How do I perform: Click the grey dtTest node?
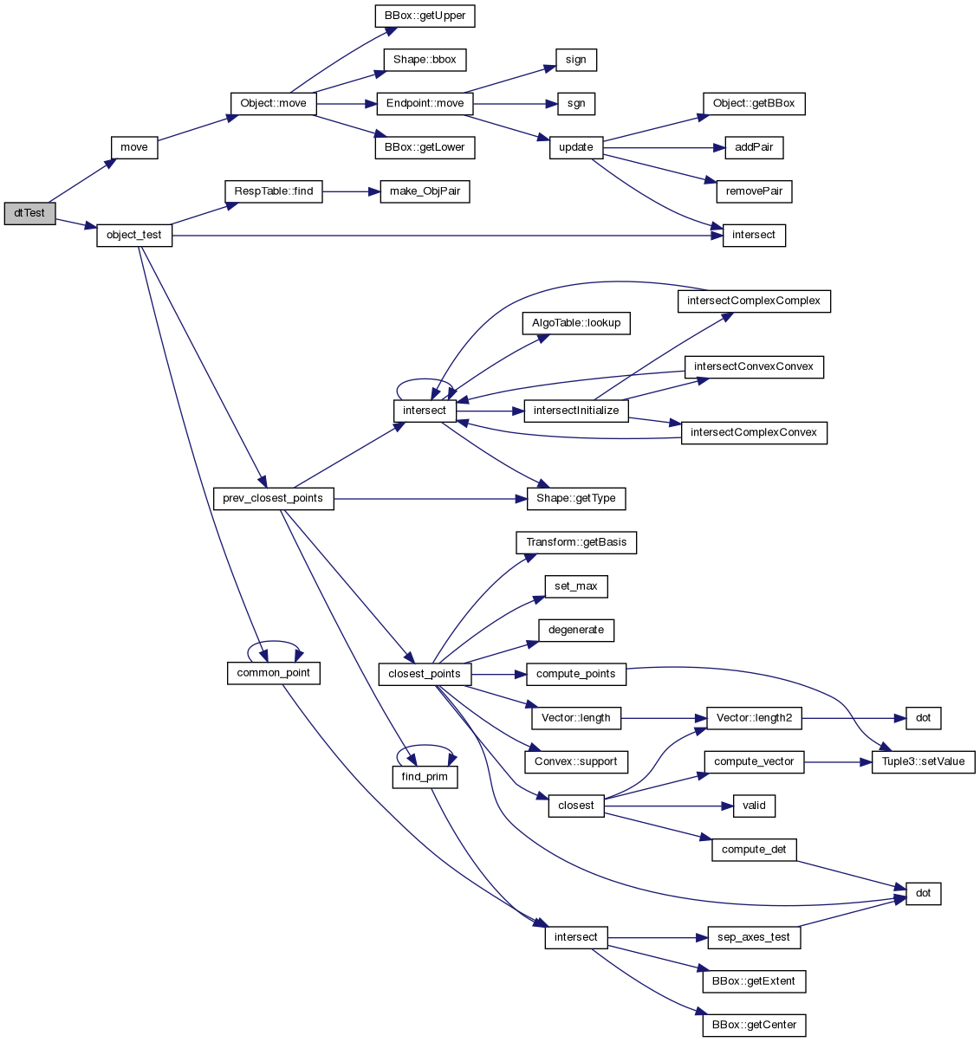pos(29,213)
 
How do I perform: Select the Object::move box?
pos(273,103)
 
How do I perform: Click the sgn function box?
pos(576,103)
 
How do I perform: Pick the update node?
pos(576,147)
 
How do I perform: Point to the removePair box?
pos(754,191)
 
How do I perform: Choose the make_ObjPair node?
pos(425,191)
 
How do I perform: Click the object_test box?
pos(134,235)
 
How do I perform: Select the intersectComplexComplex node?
pos(754,301)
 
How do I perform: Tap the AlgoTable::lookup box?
pos(576,323)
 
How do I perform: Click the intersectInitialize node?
pos(576,411)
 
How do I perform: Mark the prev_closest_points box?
pos(273,499)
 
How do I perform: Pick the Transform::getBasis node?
pos(576,542)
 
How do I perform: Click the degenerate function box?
pos(576,630)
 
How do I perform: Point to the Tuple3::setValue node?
pos(924,762)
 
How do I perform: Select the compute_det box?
pos(754,850)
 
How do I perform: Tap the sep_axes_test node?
pos(754,937)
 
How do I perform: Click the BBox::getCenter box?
pos(754,1026)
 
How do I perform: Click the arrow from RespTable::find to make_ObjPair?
pos(351,191)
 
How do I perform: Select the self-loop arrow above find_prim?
pos(425,747)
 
